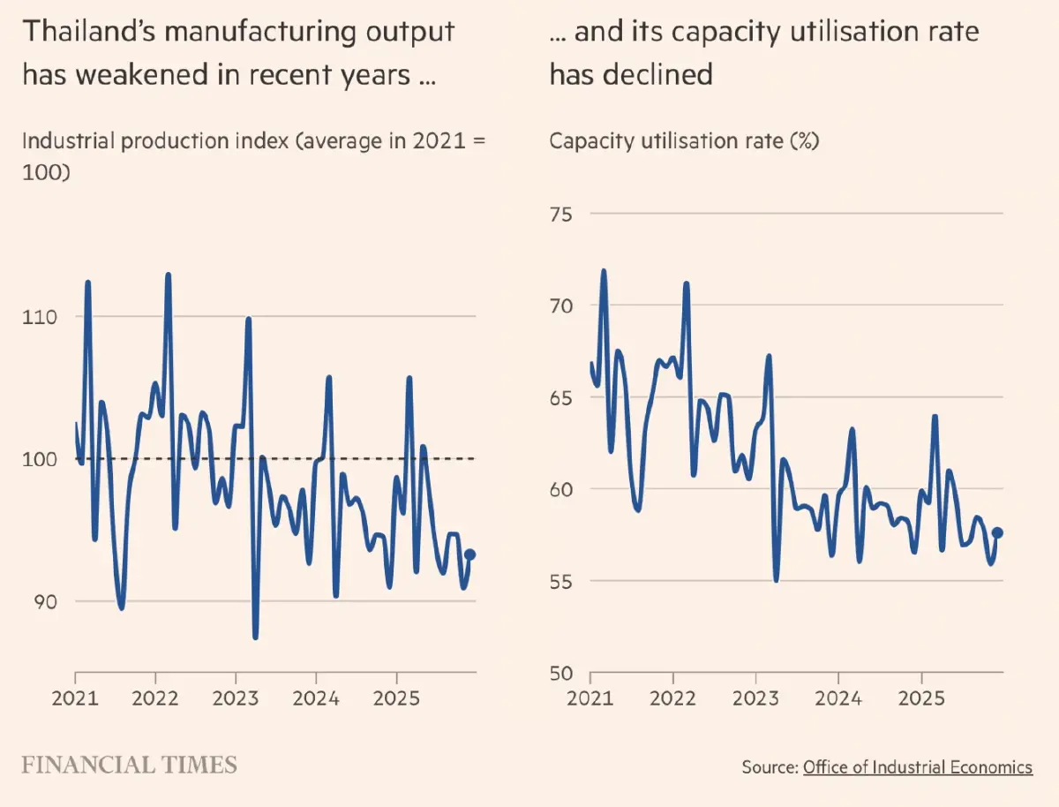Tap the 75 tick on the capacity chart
click(561, 215)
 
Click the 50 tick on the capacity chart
click(561, 673)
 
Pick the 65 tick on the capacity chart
click(561, 398)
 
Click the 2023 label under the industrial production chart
click(236, 700)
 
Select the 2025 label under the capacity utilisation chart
click(921, 700)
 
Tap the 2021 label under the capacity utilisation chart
click(590, 700)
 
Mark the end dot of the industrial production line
click(470, 554)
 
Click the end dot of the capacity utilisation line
click(998, 532)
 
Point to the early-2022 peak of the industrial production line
click(168, 275)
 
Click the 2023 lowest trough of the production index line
click(255, 637)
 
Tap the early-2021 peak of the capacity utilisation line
click(604, 271)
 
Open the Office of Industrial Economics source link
click(917, 767)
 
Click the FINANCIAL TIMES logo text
click(130, 764)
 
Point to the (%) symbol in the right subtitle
click(805, 141)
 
